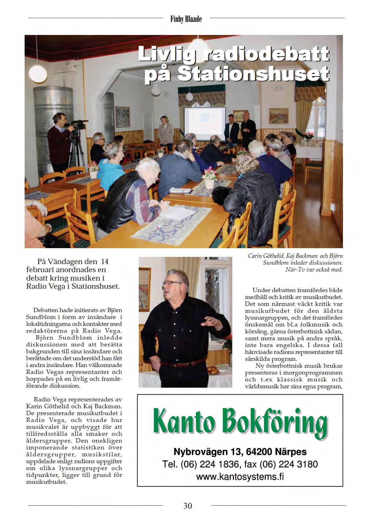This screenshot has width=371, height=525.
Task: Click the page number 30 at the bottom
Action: point(188,506)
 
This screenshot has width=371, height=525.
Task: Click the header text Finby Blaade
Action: point(186,19)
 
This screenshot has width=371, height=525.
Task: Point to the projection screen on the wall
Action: point(205,124)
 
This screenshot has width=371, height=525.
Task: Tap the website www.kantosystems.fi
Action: point(240,477)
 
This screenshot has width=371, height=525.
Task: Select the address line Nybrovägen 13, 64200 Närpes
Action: point(240,452)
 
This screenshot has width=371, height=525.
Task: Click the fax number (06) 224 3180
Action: point(288,464)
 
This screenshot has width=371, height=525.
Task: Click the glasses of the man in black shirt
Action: point(171,283)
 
